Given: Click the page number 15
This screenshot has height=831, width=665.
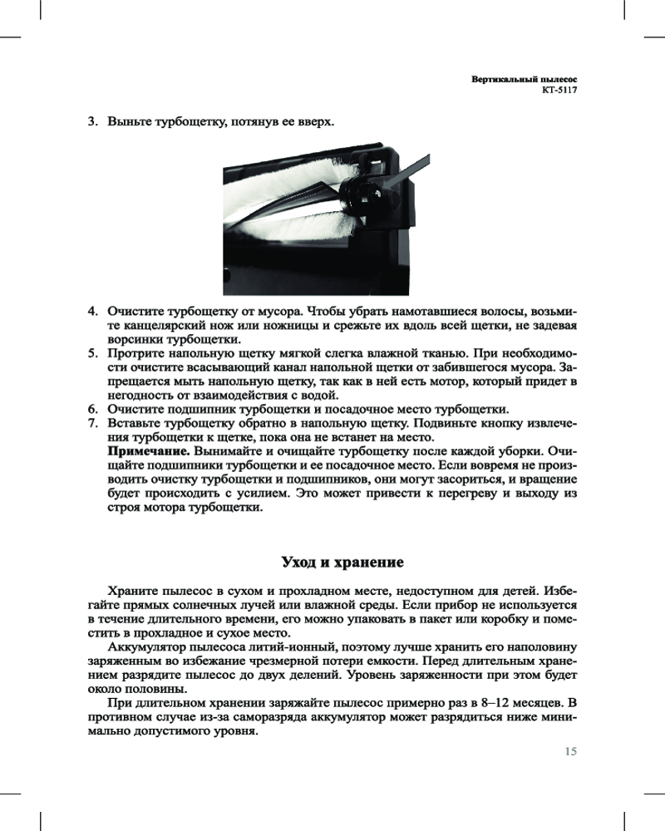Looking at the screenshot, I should pos(570,752).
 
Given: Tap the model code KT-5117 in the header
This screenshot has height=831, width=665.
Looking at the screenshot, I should pos(559,90).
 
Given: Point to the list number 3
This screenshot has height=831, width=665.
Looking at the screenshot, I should pos(93,122).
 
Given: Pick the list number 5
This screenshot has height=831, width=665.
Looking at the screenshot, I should pos(93,353).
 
